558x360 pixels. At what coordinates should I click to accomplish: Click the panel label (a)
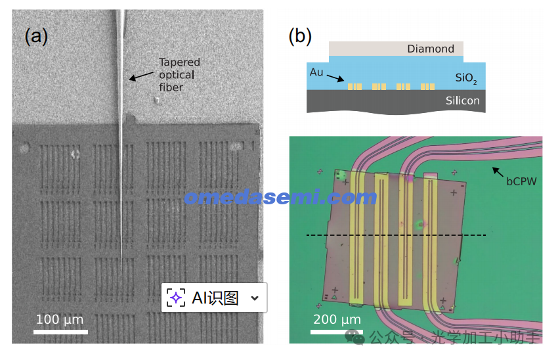point(36,36)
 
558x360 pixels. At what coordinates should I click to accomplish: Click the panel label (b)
point(300,36)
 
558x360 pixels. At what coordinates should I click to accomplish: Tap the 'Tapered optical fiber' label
point(179,75)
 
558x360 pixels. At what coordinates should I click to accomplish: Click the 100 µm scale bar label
point(60,320)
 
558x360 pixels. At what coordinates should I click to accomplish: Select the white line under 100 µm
point(60,332)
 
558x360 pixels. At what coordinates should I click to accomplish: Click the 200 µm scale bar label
point(336,320)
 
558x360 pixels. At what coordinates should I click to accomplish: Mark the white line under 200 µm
point(336,332)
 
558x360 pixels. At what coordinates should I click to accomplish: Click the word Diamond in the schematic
point(430,49)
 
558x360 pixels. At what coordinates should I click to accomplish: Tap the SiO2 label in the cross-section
point(465,79)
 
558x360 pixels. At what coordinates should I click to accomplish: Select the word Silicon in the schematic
point(463,101)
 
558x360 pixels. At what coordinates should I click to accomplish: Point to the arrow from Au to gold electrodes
point(335,78)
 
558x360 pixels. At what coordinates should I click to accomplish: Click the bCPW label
point(521,180)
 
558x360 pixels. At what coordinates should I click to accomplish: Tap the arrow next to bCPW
point(498,172)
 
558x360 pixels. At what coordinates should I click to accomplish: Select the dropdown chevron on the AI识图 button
point(255,298)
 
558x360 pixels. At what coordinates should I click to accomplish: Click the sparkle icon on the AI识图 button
point(175,298)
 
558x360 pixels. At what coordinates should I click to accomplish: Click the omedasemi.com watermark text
point(280,197)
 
